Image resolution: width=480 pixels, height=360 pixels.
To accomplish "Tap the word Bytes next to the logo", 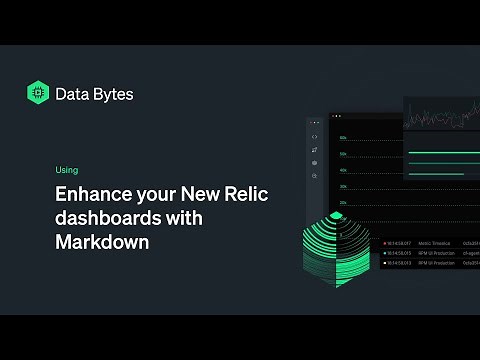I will pos(112,94).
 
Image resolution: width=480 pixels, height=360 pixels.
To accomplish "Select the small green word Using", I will pos(67,170).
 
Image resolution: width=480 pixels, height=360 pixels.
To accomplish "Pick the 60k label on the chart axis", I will pos(343,138).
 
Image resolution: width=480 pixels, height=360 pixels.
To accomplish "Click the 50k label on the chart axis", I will pos(343,155).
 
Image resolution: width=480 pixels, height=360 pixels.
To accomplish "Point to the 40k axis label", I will pos(343,171).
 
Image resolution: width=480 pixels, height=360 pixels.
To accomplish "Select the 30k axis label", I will pos(343,187).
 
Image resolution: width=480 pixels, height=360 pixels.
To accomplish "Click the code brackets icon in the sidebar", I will pos(315,137).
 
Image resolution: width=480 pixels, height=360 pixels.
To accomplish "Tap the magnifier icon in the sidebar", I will pos(315,176).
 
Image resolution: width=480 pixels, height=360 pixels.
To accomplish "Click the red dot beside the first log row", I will pos(385,242).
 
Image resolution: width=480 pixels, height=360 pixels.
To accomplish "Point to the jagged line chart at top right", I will pos(441,115).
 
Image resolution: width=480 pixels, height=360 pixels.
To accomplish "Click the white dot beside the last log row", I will pos(385,264).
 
